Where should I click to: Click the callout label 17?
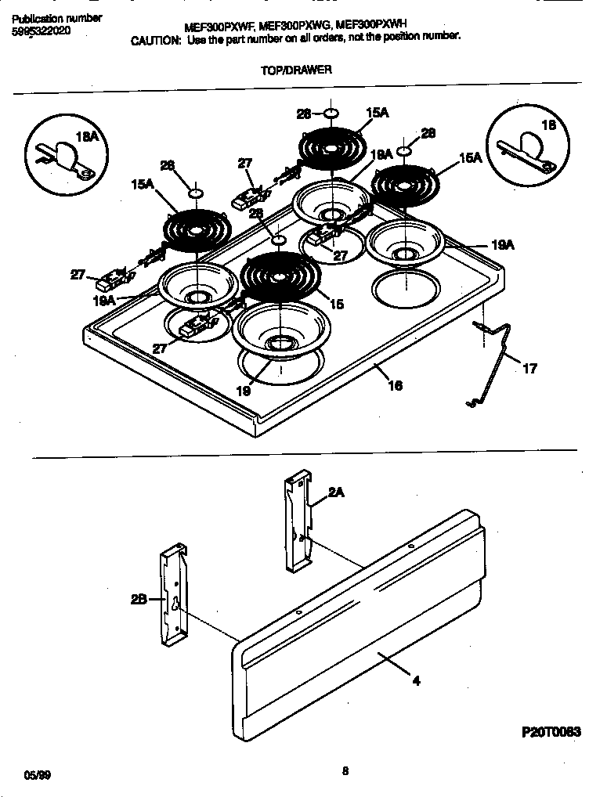529,369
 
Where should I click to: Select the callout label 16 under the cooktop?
395,385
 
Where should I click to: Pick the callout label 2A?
337,492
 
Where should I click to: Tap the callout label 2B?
139,600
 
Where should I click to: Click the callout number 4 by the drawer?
416,680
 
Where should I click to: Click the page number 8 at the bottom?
345,770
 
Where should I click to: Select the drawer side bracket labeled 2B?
175,595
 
